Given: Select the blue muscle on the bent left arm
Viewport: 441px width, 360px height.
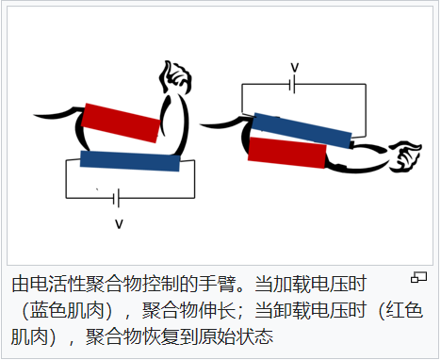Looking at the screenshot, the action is pyautogui.click(x=130, y=160).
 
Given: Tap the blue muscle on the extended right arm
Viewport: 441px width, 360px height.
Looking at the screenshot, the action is pyautogui.click(x=302, y=130).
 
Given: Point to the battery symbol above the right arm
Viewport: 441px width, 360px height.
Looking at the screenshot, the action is pyautogui.click(x=295, y=85).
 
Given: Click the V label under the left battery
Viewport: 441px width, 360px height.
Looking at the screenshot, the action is pyautogui.click(x=119, y=223).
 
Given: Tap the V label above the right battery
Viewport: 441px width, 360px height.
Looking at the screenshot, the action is pyautogui.click(x=295, y=67).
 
